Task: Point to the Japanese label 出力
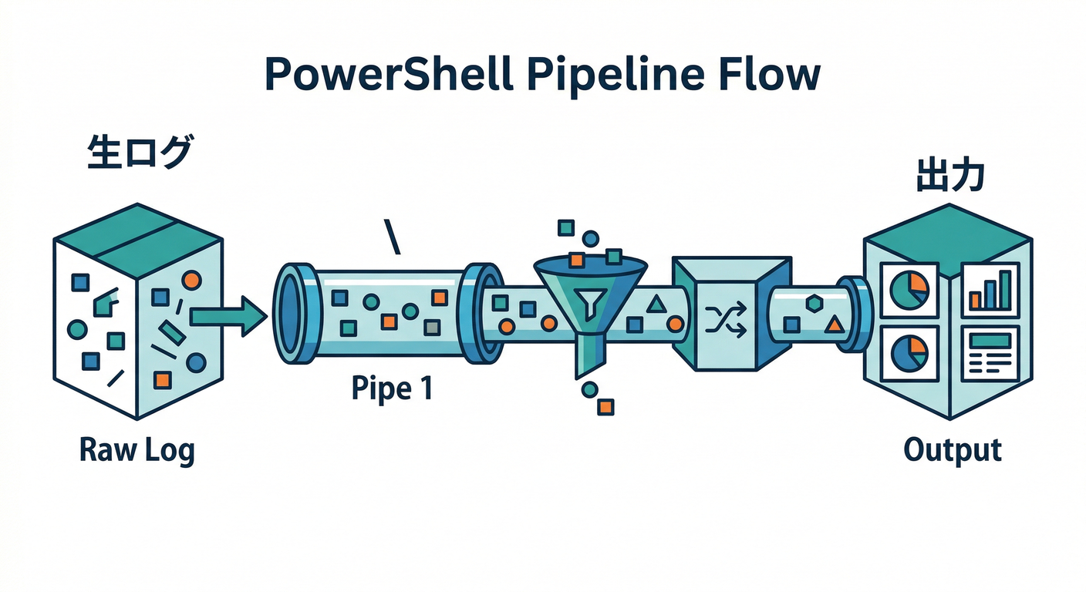pos(949,177)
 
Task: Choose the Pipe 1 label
pos(391,388)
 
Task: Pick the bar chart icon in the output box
pos(990,290)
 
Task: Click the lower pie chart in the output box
pos(909,353)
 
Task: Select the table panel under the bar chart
pos(990,351)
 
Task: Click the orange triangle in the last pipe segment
pos(833,325)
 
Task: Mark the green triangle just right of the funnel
pos(656,303)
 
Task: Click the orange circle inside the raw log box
pos(191,278)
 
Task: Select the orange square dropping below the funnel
pos(606,406)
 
